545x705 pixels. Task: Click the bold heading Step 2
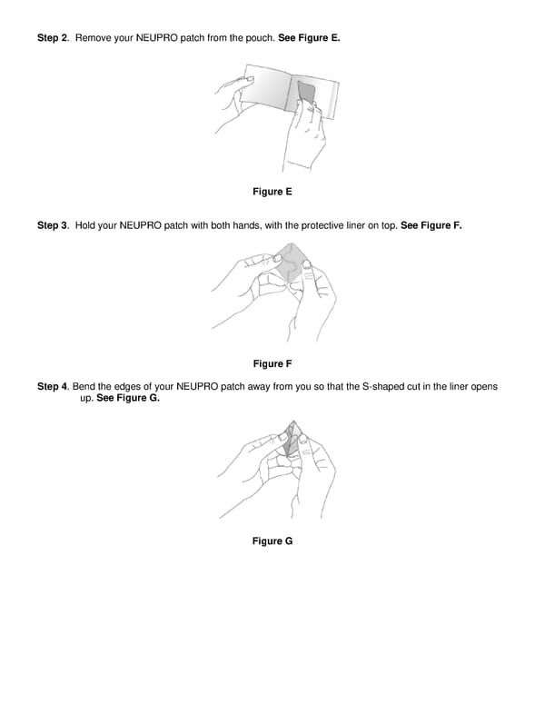pos(53,38)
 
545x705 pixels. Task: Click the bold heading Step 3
pos(53,225)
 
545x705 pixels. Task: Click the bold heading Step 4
pos(53,387)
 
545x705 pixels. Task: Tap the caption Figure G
pos(272,541)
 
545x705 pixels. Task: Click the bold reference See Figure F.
pos(431,225)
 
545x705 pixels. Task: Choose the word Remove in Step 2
pos(94,38)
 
